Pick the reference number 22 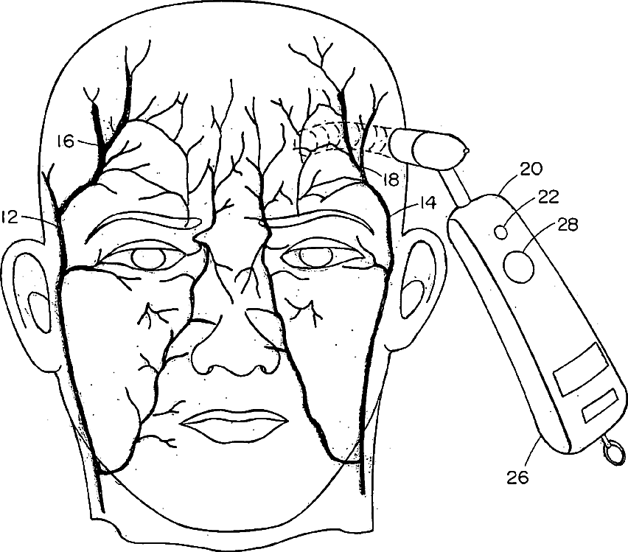(548, 197)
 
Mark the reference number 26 (518, 477)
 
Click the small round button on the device (503, 231)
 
